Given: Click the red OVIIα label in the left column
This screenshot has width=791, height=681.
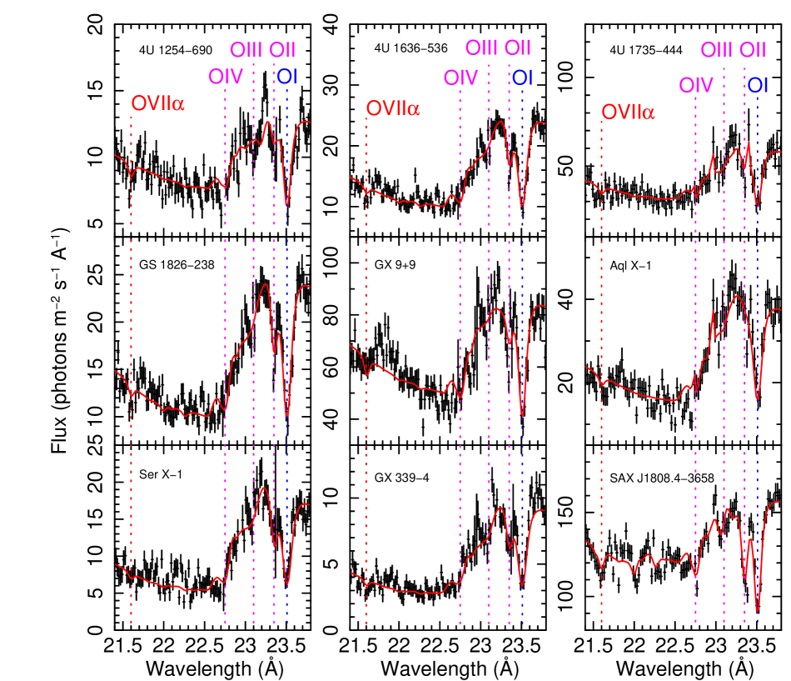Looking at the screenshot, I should tap(157, 104).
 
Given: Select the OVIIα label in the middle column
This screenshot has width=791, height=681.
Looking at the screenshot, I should tap(393, 108).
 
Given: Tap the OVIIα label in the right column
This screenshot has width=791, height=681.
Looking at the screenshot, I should tap(628, 112).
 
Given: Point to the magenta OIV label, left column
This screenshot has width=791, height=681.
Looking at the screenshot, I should tap(226, 77).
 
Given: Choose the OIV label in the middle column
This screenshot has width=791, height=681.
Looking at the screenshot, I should tap(460, 78).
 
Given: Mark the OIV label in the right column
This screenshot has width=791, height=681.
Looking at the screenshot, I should tap(696, 85).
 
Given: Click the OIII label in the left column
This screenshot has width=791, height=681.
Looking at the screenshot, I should tap(246, 50).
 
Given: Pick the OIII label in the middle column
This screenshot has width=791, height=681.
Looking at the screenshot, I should tap(481, 48).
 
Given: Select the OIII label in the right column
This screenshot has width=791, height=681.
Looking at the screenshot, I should tap(716, 51).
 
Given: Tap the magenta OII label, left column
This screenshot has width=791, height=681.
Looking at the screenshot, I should tap(282, 50).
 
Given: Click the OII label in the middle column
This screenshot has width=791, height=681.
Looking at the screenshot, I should tap(518, 48).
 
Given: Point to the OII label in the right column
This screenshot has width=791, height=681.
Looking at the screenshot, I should tap(753, 51).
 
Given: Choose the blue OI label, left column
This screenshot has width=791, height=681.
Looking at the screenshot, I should tap(288, 77).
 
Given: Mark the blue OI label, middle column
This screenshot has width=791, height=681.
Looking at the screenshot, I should tap(523, 78).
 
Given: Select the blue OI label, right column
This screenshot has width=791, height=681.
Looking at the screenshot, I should tap(758, 85).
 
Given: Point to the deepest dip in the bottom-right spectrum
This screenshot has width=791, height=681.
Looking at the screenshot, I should tap(757, 613).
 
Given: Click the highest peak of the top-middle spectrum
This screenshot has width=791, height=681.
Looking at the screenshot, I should tap(500, 123).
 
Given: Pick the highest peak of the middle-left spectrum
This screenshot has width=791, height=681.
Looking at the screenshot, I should tap(265, 285).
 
